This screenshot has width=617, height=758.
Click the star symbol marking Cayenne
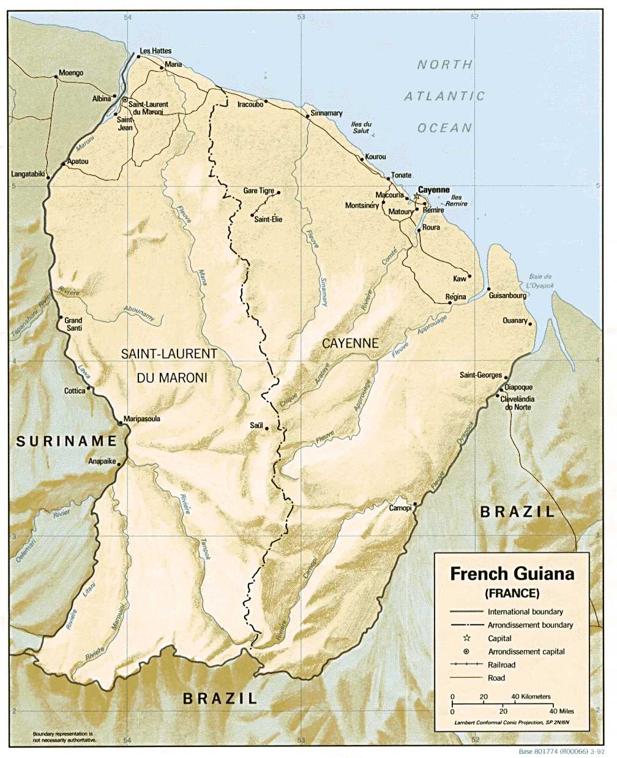[x=417, y=197]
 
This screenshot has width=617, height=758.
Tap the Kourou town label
[x=375, y=157]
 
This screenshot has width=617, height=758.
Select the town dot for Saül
[x=266, y=429]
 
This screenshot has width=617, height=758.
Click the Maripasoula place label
[x=142, y=419]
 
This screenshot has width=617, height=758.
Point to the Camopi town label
[x=400, y=508]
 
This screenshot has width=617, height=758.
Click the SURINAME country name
[x=66, y=441]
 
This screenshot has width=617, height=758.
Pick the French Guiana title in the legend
[x=512, y=574]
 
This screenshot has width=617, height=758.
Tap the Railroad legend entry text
[x=501, y=665]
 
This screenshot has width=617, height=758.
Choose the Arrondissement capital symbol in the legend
[x=466, y=651]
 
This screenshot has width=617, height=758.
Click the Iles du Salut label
[x=361, y=127]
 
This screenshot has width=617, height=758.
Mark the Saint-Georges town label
[x=481, y=375]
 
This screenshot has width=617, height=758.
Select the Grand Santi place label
[x=73, y=324]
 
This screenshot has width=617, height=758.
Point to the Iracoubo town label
[x=250, y=105]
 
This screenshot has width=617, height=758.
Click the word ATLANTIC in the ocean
[x=444, y=96]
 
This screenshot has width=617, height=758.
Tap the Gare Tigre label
[x=258, y=190]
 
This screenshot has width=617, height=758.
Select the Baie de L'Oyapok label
[x=540, y=281]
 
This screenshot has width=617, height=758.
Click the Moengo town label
[x=71, y=73]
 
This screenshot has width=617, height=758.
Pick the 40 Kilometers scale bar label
[x=531, y=697]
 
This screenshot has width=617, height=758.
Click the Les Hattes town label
[x=155, y=51]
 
